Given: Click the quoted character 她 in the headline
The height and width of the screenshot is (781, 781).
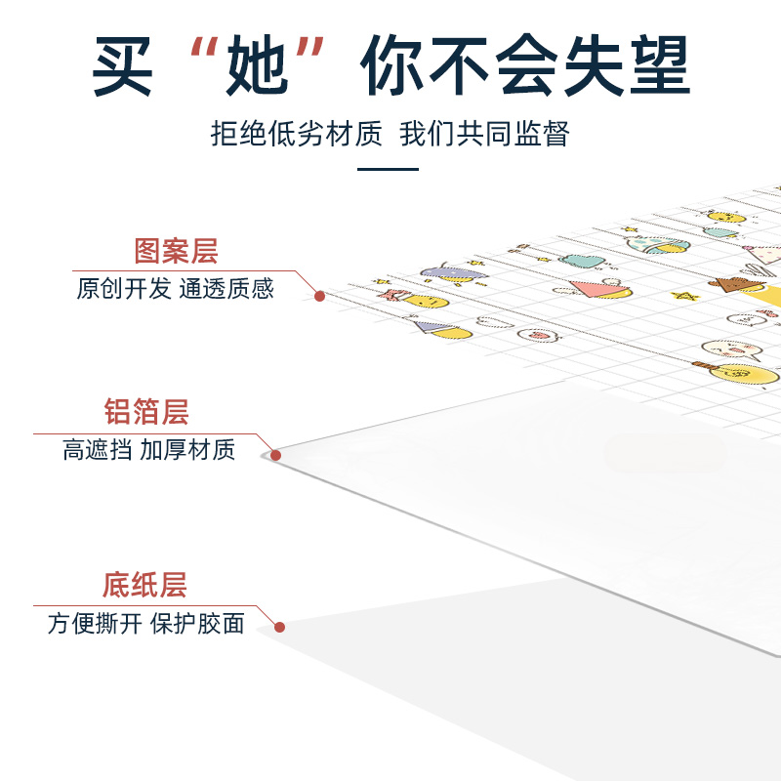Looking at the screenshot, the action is point(255,65).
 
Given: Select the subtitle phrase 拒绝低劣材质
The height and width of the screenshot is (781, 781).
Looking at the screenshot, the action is point(297,134).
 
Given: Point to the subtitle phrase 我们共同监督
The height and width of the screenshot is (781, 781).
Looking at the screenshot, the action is point(484,134).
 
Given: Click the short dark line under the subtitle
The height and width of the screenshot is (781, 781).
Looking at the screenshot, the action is point(388,169).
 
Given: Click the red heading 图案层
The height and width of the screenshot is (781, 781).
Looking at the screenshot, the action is point(176,251).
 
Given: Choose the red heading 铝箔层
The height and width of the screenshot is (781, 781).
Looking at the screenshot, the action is point(146,411).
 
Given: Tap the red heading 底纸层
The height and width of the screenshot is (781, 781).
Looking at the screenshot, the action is point(144,585).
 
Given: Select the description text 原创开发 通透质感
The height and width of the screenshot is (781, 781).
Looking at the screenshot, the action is point(176,289).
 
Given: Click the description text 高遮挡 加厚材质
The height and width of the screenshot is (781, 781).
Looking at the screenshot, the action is point(148,450).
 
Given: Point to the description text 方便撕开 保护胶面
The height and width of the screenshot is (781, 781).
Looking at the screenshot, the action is point(146,624).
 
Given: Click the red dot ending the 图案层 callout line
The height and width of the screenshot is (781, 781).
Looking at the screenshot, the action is point(318,296).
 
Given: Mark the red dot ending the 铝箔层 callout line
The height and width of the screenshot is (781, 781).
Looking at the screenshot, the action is point(275,455).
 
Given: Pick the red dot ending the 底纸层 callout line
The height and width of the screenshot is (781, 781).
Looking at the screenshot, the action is point(279,628).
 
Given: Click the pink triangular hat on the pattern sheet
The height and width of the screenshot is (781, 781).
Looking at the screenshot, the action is point(597,288).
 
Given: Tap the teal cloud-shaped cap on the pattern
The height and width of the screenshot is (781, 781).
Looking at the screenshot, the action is point(583,261).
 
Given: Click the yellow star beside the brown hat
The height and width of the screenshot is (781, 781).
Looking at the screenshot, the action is point(688,296).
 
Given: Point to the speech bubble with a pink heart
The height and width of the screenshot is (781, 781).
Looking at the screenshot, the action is point(539,335).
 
